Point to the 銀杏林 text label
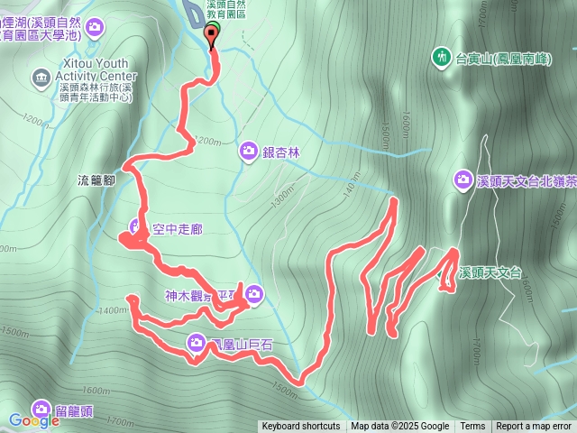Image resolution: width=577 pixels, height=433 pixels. point(280,151)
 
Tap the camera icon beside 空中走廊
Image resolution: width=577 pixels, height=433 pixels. point(136,226)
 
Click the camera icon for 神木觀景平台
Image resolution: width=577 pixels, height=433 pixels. point(254,292)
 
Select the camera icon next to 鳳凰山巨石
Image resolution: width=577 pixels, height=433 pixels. point(197,342)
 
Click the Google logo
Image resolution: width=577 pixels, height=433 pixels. point(34,420)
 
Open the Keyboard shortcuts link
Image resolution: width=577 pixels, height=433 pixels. point(301,427)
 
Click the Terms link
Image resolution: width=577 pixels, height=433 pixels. point(472,427)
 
